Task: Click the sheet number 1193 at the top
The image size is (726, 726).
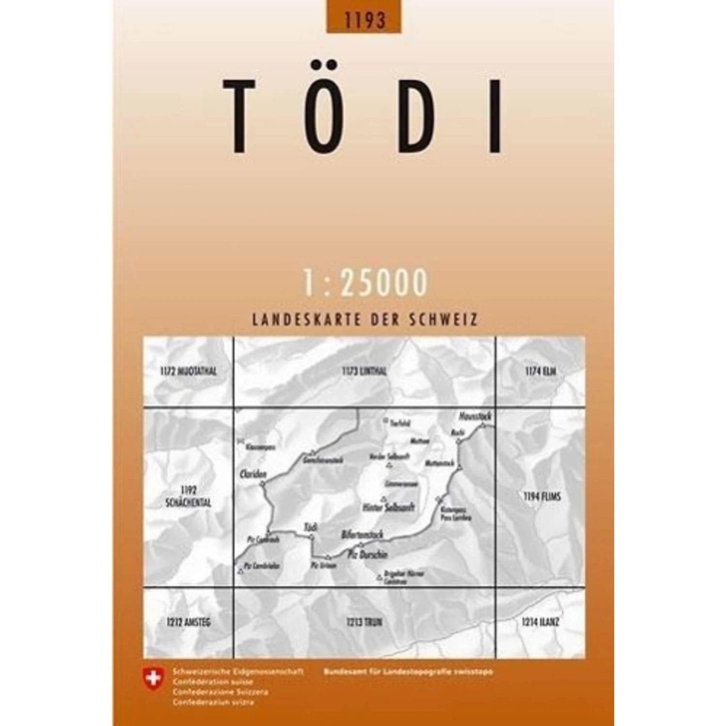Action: (x=364, y=19)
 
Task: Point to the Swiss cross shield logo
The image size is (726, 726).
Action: (x=153, y=678)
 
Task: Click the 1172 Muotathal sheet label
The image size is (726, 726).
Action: (x=188, y=372)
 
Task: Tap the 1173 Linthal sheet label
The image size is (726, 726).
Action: (x=364, y=372)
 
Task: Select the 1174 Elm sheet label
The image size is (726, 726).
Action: (x=540, y=372)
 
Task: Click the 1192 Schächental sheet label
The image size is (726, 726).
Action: (x=188, y=497)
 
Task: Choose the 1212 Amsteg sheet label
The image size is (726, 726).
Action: (x=188, y=622)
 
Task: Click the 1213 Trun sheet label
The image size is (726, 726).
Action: (x=364, y=622)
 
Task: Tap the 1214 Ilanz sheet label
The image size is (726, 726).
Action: (x=540, y=622)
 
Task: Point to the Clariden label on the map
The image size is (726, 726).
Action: (x=253, y=475)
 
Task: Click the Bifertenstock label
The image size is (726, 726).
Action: (x=362, y=535)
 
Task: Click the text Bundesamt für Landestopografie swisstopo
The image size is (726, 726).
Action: (x=408, y=672)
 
